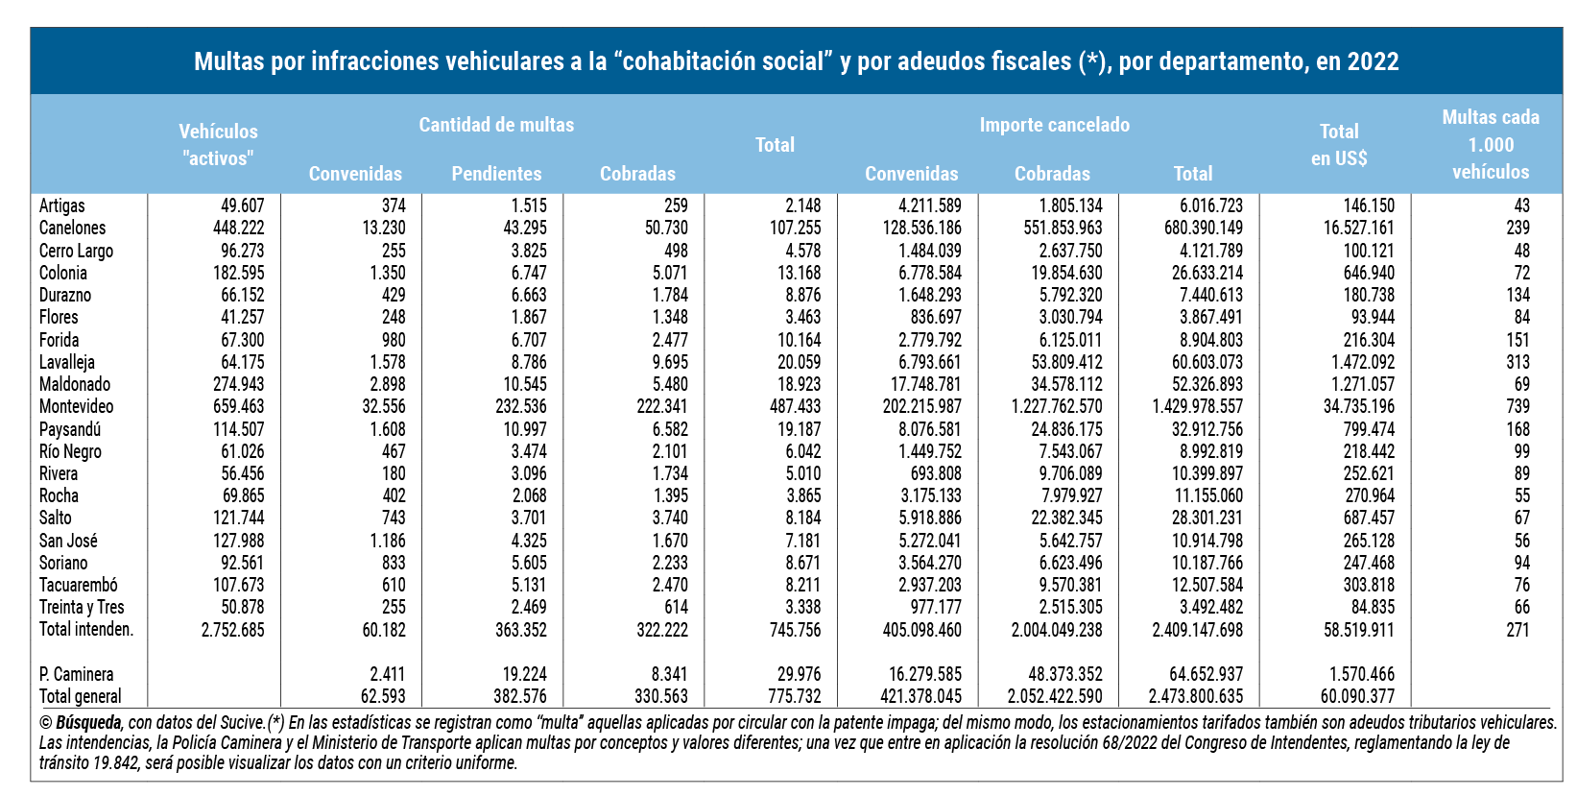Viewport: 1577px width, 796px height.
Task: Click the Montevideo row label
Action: (x=76, y=406)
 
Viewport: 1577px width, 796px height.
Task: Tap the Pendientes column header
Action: (x=496, y=174)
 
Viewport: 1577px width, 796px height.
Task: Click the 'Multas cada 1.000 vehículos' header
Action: (x=1490, y=144)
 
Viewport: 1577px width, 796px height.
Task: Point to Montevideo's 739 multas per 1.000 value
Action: (x=1517, y=406)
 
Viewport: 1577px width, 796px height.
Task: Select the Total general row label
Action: (x=81, y=696)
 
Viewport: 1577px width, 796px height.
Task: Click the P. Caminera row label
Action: (x=76, y=674)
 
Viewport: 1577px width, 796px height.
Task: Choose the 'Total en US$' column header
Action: (x=1339, y=145)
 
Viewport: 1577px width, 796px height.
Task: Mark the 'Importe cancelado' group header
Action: (x=1054, y=125)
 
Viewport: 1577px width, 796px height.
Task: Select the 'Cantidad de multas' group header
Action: (x=496, y=125)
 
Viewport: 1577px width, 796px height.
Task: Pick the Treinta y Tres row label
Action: (x=82, y=607)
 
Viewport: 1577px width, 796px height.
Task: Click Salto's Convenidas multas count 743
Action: (x=393, y=518)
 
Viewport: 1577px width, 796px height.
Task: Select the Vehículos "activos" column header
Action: (x=218, y=145)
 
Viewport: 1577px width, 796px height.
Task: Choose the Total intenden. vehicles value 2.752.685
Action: (x=232, y=630)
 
